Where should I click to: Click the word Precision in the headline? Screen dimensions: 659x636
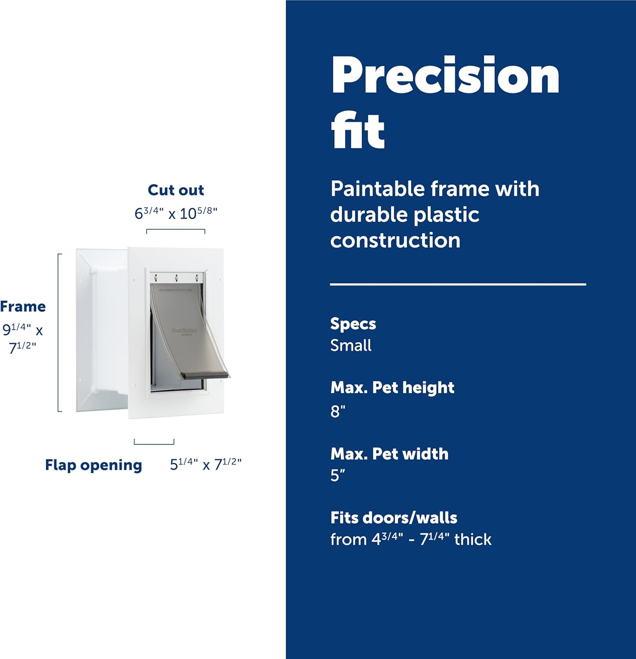(445, 76)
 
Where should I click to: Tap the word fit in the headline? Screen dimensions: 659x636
(358, 130)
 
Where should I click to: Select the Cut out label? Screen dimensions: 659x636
(176, 190)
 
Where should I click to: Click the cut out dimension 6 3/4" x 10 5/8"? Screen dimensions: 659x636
(176, 213)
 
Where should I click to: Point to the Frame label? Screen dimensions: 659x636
(23, 306)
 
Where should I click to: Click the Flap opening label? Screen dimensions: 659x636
(93, 465)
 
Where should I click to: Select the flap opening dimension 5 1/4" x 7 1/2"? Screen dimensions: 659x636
(206, 464)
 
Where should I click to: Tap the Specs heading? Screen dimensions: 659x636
(353, 324)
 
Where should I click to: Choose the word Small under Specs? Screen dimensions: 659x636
(351, 345)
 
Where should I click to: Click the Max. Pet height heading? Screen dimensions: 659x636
(392, 387)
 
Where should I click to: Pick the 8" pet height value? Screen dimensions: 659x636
(338, 411)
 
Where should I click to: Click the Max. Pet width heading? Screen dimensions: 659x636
(389, 453)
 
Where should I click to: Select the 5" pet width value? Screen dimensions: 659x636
(338, 475)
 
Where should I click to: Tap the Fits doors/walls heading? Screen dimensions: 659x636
(394, 518)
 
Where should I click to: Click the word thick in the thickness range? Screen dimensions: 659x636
(473, 540)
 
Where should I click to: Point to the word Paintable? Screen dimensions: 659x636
(377, 189)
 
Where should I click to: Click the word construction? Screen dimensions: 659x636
(395, 240)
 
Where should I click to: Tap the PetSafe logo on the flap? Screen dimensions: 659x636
(184, 330)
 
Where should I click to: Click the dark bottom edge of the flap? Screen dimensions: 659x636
(206, 375)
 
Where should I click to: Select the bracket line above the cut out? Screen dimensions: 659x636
(175, 230)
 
